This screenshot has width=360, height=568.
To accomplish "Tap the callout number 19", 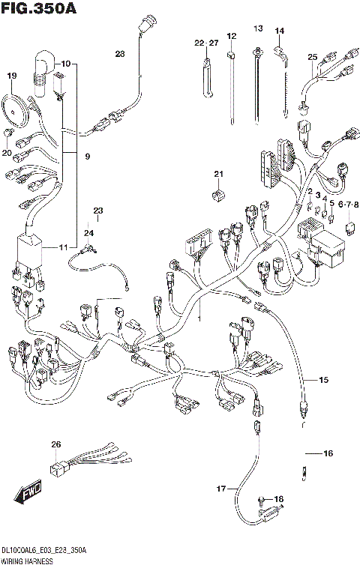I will [x=11, y=76].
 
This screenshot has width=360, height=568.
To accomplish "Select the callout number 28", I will [x=121, y=53].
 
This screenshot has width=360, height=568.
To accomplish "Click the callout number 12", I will [x=231, y=35].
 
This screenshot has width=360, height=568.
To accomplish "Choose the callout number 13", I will [x=258, y=29].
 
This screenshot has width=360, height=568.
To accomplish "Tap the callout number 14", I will [x=280, y=31].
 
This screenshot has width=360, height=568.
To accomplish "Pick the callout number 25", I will [x=313, y=57].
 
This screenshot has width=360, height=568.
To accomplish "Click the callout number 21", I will [x=218, y=175].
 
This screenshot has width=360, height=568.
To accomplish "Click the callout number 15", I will [x=323, y=381].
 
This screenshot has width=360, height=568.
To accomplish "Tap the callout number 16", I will [x=328, y=453].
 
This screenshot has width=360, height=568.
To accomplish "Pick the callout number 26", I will [x=55, y=445].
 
